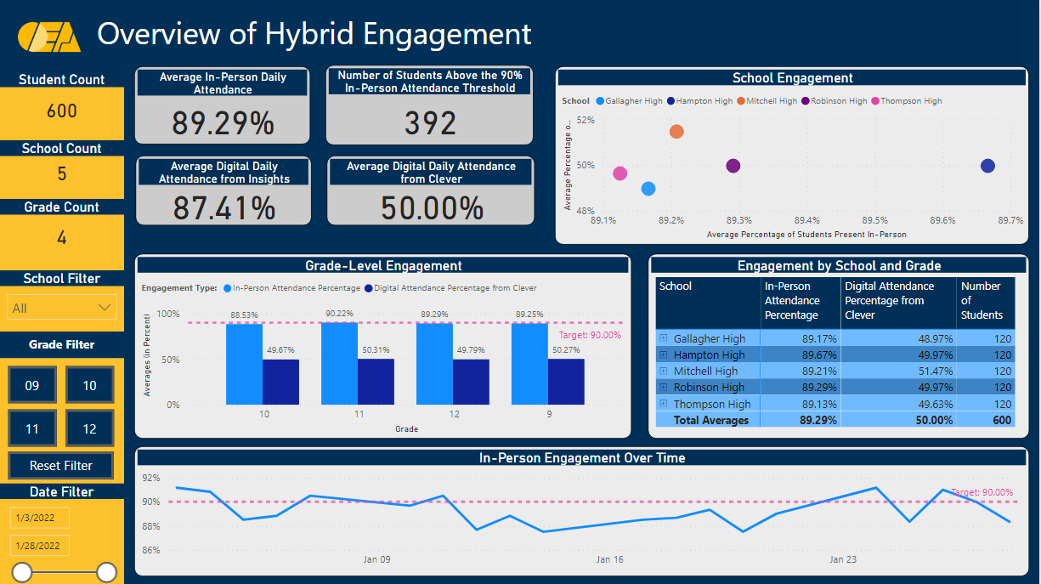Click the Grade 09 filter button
pos(32,386)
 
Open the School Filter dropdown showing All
pos(61,308)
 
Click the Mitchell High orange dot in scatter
pos(676,132)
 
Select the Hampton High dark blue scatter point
pos(987,166)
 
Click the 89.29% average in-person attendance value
pos(223,123)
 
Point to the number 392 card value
pos(430,123)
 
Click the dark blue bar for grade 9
pos(566,382)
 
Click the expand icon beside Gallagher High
pos(664,338)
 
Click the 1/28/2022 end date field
pos(40,545)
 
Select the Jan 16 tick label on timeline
pos(610,559)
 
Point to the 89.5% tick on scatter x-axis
pos(874,221)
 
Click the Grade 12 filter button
pos(90,428)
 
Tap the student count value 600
pos(61,111)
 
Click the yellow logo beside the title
pos(49,36)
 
